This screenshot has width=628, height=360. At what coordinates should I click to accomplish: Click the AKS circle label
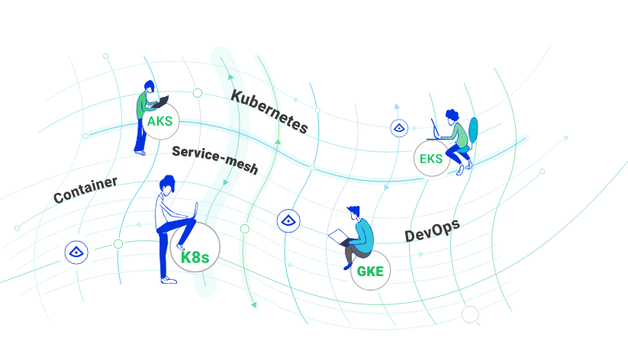point(160,121)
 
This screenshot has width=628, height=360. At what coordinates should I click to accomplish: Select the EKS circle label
point(431,159)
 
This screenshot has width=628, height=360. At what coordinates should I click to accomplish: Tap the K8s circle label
point(195,247)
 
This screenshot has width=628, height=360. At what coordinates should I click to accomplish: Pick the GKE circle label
point(371,271)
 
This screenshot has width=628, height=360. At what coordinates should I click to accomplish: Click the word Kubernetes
point(269,111)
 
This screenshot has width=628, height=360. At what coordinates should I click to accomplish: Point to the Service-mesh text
point(215,159)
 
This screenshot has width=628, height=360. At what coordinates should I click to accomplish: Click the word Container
point(85,190)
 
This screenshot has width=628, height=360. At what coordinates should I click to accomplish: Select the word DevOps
point(432,230)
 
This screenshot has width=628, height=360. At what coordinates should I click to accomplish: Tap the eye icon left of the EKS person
point(399,128)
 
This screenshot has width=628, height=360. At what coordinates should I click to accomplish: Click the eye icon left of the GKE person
point(288,220)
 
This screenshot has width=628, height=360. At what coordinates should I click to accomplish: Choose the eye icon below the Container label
point(76,252)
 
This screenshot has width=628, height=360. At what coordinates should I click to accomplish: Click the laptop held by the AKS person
point(160,102)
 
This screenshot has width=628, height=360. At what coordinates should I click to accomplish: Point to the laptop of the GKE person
point(339,236)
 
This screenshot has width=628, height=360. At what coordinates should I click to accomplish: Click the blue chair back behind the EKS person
point(473,130)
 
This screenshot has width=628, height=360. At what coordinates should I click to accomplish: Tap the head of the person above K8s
point(167,185)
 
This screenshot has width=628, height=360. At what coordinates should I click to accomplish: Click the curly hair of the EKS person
point(452,115)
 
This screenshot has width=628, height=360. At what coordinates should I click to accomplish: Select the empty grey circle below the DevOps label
point(470,314)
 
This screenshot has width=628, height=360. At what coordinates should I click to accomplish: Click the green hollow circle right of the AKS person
point(198,93)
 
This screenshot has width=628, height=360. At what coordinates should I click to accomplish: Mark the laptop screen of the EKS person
point(435,127)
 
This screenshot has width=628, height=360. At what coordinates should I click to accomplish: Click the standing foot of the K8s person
point(168,280)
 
